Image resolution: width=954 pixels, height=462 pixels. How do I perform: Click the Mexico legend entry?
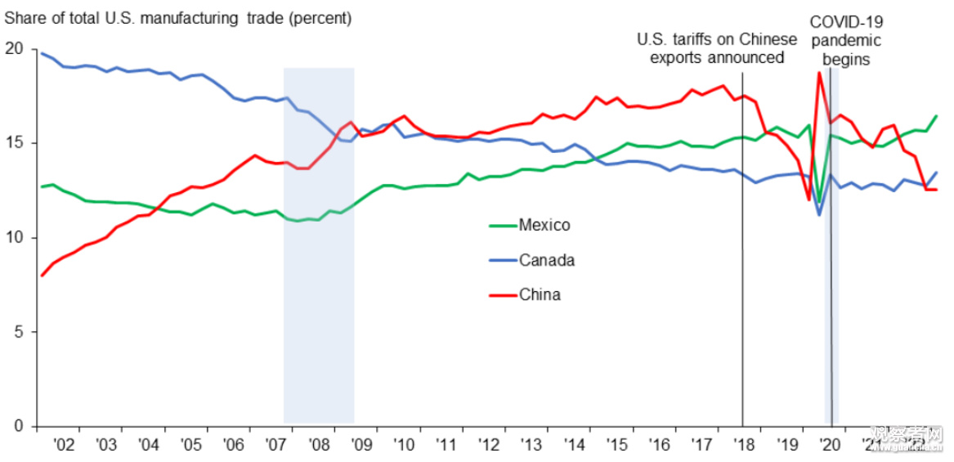[544, 225]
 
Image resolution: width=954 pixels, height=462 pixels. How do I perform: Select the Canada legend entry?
[546, 260]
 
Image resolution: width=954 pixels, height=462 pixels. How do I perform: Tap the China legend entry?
[540, 294]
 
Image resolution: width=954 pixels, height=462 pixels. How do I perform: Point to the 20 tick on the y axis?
[14, 49]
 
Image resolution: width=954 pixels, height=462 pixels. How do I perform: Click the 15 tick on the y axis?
[14, 143]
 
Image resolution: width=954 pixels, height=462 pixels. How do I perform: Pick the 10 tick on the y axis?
[14, 238]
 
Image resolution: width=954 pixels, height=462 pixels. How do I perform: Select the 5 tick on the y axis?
[18, 332]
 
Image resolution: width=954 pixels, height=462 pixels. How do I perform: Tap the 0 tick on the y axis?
[18, 426]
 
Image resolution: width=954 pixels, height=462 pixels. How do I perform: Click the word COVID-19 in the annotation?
[846, 22]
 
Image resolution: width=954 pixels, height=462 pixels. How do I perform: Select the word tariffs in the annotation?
[694, 39]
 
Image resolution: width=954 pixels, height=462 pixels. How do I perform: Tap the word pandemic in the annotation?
[846, 41]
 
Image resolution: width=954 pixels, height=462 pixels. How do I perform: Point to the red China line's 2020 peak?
[818, 73]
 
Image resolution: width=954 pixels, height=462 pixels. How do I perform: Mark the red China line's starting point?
[42, 276]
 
